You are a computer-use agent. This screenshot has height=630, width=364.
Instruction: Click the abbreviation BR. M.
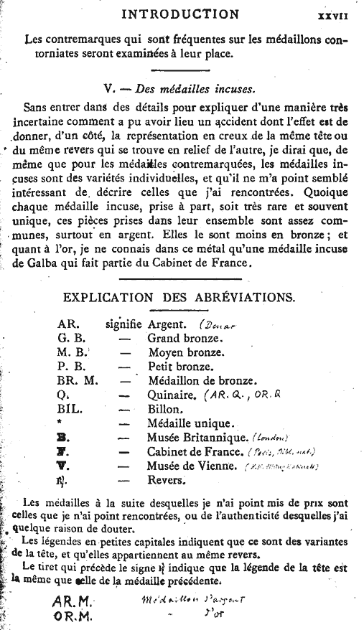pyautogui.click(x=78, y=380)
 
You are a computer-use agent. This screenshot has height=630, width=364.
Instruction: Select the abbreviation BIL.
pyautogui.click(x=70, y=408)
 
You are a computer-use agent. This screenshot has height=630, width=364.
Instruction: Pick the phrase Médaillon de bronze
pyautogui.click(x=202, y=380)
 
